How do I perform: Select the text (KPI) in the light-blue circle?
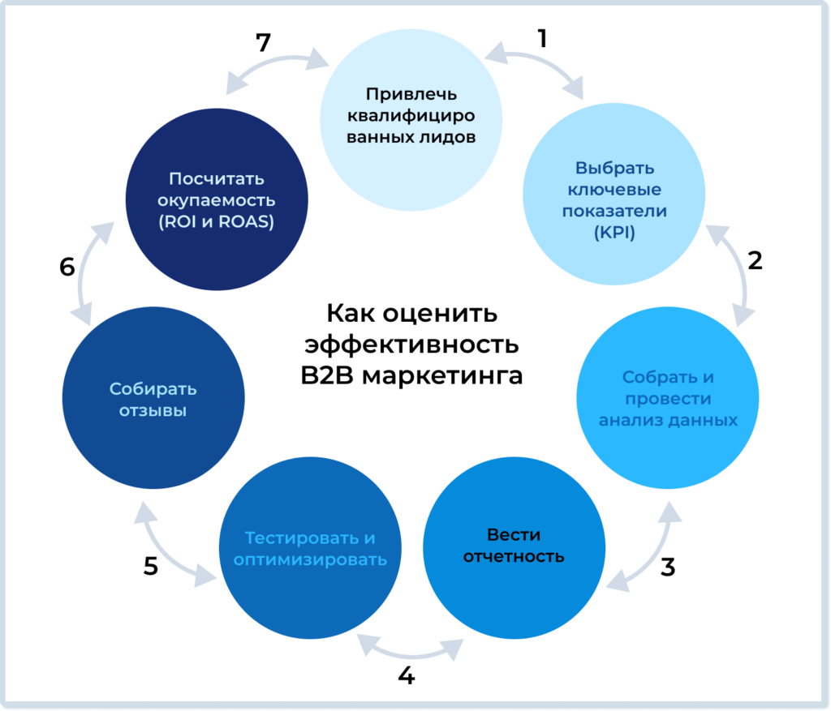point(614,233)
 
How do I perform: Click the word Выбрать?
point(614,169)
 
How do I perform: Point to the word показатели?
point(614,211)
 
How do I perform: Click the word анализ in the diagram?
point(631,420)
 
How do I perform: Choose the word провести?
point(667,399)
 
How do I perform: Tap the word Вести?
point(514,535)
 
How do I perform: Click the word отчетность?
point(514,557)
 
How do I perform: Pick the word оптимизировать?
point(310,560)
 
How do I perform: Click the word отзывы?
point(153,410)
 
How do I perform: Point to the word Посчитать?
point(216,178)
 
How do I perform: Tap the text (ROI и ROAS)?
point(216,221)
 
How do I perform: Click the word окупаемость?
point(216,200)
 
